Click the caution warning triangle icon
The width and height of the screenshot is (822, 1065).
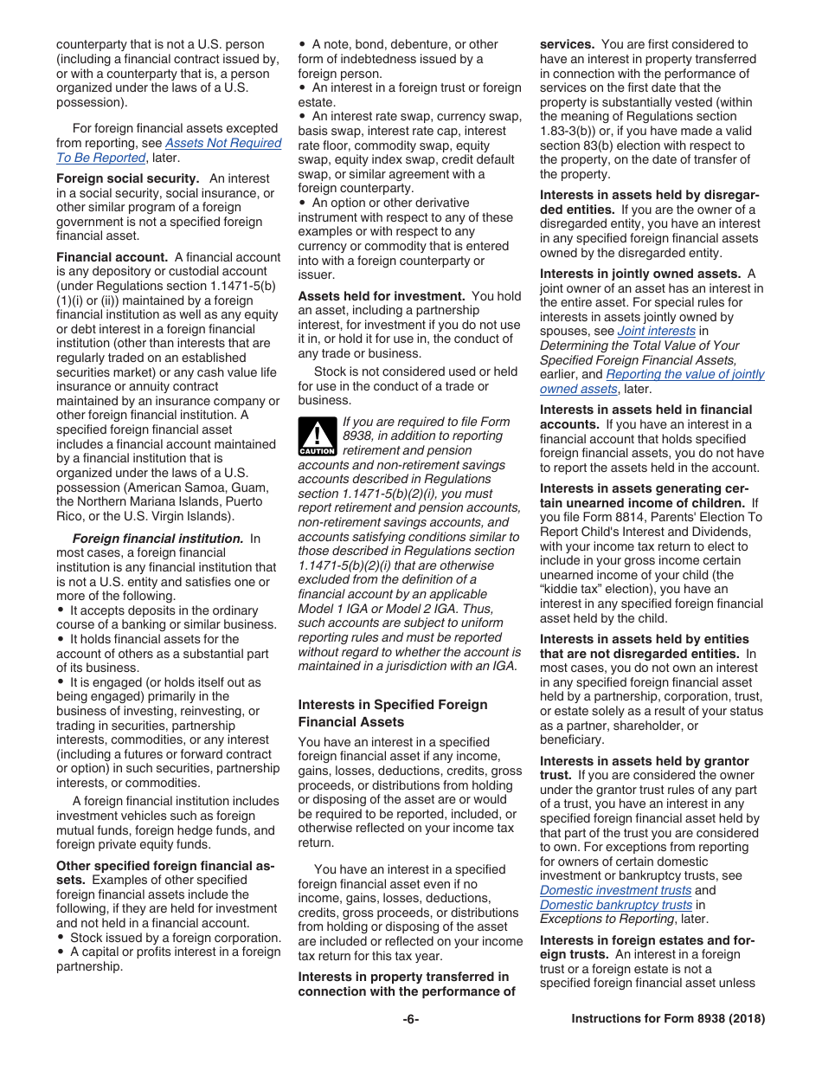click(317, 437)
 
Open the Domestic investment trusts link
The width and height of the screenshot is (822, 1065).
click(615, 890)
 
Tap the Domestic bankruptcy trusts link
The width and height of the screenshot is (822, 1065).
click(615, 905)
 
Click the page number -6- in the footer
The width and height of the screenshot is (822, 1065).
click(411, 1019)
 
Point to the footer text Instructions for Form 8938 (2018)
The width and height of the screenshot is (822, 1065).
click(668, 1019)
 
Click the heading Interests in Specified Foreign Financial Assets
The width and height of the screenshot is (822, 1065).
click(392, 713)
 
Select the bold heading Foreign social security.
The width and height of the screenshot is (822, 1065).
click(127, 178)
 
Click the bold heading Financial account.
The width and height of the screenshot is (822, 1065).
click(112, 257)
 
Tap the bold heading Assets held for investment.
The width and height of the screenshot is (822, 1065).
click(382, 296)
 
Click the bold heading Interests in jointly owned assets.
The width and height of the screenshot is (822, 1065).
click(639, 274)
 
